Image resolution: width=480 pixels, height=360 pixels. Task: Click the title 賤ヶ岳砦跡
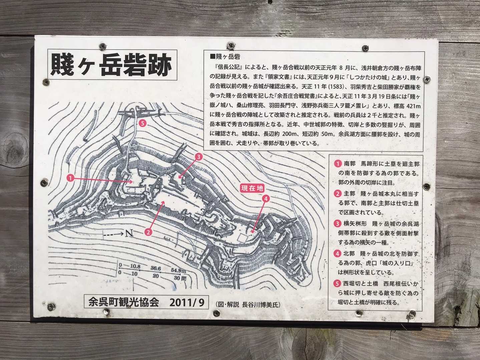[x=112, y=65]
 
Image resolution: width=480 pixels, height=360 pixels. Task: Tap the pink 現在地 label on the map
[x=252, y=188]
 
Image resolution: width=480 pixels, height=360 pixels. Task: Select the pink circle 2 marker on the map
[x=148, y=232]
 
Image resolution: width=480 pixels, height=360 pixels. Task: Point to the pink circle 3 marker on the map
[x=198, y=157]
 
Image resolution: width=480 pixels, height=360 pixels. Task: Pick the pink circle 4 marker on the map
[x=266, y=199]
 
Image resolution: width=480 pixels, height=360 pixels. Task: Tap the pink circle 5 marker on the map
[x=142, y=123]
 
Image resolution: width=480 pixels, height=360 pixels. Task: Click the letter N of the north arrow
[x=129, y=233]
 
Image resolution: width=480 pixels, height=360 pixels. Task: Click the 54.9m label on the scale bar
[x=178, y=270]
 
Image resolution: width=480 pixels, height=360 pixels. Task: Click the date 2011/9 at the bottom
[x=187, y=303]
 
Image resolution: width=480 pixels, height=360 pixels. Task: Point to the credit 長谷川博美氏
[x=261, y=305]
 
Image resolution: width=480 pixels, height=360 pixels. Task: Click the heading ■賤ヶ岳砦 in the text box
[x=225, y=57]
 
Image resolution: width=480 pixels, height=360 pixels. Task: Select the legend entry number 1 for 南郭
[x=338, y=164]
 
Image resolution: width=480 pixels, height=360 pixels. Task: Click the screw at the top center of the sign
[x=231, y=46]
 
